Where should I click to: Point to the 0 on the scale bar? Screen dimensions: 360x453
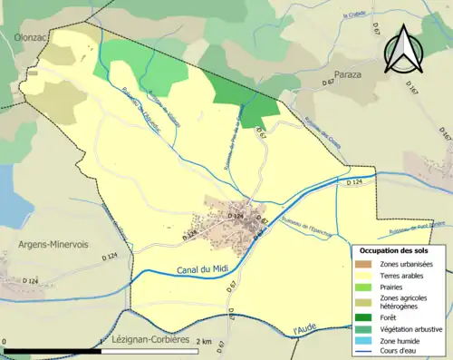click(x=5, y=342)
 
